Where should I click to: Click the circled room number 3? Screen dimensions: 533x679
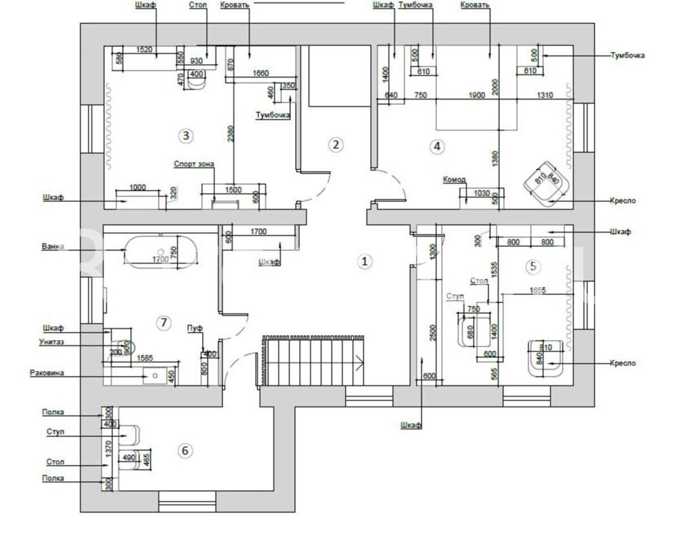click(185, 136)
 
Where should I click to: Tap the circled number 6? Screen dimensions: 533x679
click(185, 450)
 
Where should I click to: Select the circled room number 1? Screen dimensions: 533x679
click(365, 261)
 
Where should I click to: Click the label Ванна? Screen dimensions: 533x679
click(53, 247)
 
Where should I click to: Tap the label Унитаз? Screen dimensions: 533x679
click(51, 342)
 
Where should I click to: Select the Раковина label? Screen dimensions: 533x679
click(47, 373)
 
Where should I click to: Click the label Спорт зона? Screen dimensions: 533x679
click(194, 165)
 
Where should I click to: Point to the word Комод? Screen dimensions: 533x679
click(454, 180)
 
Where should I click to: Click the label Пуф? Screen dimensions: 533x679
click(195, 328)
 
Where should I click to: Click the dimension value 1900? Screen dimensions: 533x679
click(477, 96)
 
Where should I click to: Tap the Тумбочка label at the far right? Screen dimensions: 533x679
click(628, 55)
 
